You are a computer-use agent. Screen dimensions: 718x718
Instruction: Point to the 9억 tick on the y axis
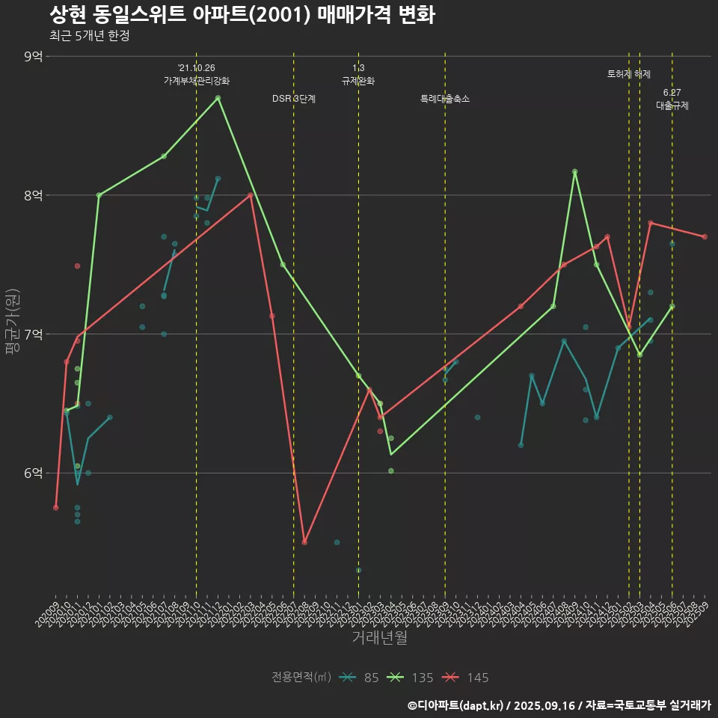(x=33, y=56)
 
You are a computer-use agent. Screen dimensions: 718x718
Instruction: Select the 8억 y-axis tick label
(x=33, y=195)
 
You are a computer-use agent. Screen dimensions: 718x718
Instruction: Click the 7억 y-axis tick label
(x=33, y=334)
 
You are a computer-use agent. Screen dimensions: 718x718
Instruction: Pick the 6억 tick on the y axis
(x=33, y=473)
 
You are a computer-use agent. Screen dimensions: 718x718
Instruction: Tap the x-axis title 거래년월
(x=380, y=638)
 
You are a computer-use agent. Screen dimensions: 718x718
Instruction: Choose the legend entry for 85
(x=359, y=678)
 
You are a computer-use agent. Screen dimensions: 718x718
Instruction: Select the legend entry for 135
(x=411, y=678)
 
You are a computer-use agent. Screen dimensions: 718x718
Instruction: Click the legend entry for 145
(x=465, y=678)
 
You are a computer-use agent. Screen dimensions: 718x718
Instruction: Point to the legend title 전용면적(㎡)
(x=301, y=678)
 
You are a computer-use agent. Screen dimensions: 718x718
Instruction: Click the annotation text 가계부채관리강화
(x=197, y=81)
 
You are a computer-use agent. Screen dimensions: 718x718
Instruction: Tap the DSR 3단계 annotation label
(x=294, y=99)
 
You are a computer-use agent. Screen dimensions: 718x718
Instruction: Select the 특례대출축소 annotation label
(x=445, y=99)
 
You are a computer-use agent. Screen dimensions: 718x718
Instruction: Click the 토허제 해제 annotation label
(x=629, y=74)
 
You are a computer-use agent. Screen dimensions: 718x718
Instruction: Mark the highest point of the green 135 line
(x=218, y=98)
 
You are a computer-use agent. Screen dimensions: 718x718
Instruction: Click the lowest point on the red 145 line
(x=304, y=542)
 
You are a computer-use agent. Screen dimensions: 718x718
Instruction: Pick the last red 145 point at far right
(x=705, y=237)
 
